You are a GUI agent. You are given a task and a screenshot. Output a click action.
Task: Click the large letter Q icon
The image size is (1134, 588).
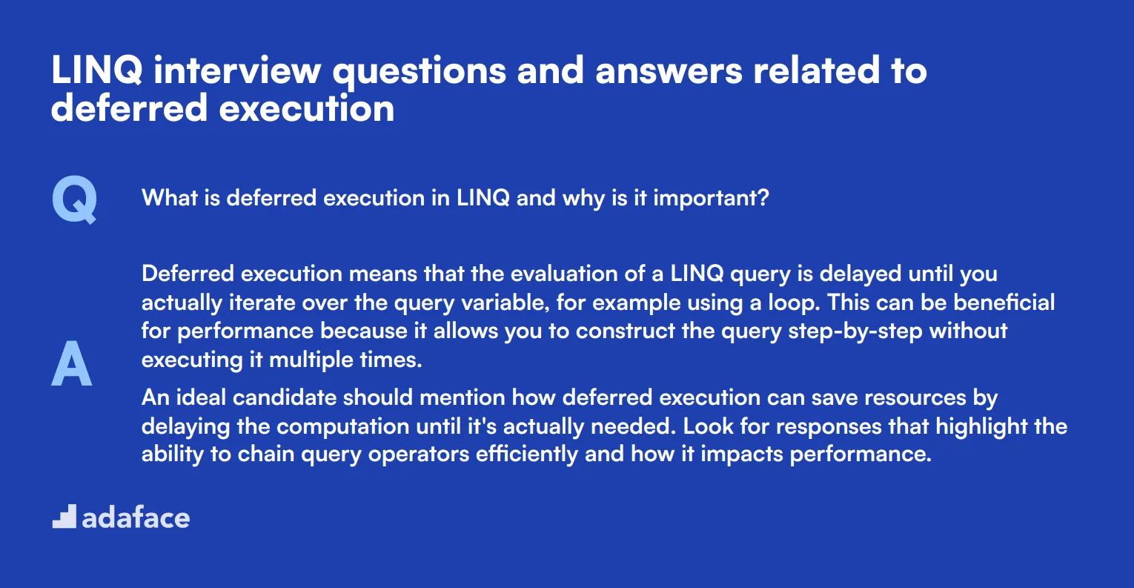[74, 199]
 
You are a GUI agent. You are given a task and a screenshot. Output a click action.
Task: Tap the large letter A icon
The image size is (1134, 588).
[72, 363]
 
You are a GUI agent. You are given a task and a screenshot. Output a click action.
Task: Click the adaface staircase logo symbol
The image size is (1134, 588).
[64, 516]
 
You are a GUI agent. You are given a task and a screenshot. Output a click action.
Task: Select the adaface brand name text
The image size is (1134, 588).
[136, 518]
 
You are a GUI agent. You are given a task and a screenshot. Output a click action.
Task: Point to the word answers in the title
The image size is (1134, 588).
[669, 71]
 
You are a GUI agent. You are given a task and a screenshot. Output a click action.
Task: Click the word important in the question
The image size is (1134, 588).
[711, 198]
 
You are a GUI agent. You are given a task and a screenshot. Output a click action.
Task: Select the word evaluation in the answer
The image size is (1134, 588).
[564, 274]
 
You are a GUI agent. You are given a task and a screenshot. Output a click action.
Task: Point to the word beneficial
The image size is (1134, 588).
[1004, 303]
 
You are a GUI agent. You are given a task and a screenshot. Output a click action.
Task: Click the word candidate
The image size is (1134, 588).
[285, 397]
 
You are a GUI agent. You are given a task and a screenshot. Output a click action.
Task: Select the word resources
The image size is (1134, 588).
[915, 398]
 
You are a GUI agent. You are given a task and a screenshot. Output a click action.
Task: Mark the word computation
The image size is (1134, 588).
[342, 427]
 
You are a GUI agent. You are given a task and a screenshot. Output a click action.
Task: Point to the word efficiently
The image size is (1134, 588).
[526, 455]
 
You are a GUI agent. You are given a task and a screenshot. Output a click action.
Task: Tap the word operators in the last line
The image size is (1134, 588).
[419, 455]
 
